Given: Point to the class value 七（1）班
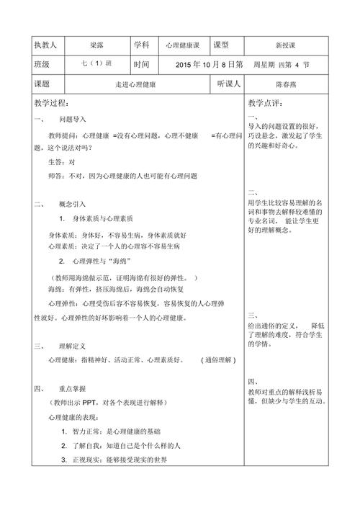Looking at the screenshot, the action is pyautogui.click(x=97, y=64).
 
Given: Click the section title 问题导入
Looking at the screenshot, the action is pyautogui.click(x=72, y=119).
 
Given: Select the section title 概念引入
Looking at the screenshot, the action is pyautogui.click(x=72, y=204).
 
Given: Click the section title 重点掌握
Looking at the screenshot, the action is pyautogui.click(x=72, y=388).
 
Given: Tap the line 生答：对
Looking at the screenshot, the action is pyautogui.click(x=61, y=161).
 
